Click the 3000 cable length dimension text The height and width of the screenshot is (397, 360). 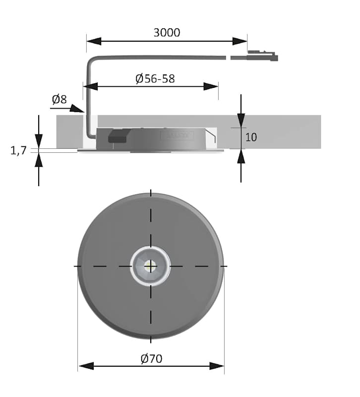(167, 32)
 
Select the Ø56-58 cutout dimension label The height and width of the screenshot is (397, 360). (155, 78)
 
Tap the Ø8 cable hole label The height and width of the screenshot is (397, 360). (60, 99)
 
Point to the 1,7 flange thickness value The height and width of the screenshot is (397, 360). (18, 150)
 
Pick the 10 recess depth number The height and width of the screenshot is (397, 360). (251, 137)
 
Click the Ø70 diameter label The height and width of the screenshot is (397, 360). (151, 358)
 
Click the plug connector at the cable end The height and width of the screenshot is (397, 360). (262, 56)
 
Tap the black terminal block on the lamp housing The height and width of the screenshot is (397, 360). (119, 135)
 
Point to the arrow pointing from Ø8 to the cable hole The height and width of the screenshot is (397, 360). (67, 108)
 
